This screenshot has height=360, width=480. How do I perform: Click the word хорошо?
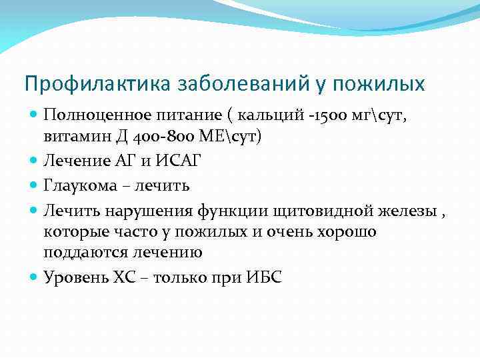click(x=341, y=231)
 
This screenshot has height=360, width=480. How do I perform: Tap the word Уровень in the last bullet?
click(x=74, y=277)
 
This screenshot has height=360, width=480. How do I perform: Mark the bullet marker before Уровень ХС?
click(x=33, y=277)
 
